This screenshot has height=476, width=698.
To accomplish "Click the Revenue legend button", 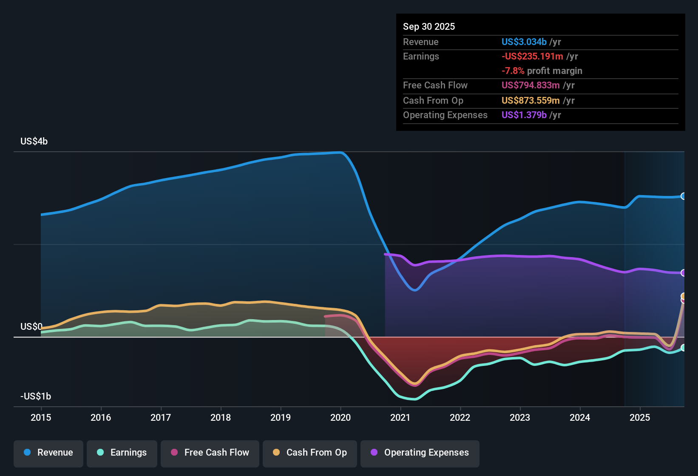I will [48, 453].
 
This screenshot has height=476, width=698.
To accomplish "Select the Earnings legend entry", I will [122, 453].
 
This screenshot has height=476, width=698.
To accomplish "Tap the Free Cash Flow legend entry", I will [210, 453].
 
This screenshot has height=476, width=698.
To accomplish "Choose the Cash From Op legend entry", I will [310, 453].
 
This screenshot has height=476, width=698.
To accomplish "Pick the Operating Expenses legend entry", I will [420, 453].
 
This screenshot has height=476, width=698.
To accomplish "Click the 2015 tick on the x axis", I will [41, 417].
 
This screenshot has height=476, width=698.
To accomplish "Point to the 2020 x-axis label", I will [340, 417].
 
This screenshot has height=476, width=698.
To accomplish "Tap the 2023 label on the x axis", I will [520, 417].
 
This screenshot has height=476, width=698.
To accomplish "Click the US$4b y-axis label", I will [34, 142].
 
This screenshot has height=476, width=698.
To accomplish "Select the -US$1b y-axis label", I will [36, 397].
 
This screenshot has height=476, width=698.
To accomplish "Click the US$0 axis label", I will [31, 327].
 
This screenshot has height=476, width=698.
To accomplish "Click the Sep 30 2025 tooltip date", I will [429, 27].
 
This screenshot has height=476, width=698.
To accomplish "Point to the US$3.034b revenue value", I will [524, 42].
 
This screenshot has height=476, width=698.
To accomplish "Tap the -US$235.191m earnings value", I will [532, 57].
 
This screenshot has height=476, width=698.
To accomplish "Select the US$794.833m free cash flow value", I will [531, 85].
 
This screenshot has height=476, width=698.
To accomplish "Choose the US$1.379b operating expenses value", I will [524, 115].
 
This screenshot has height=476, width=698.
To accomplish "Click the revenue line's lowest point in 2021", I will [415, 290].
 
